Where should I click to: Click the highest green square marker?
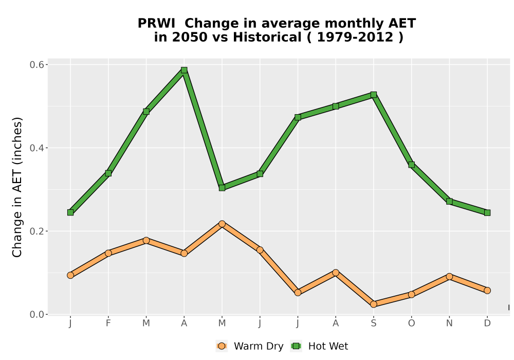(x=184, y=70)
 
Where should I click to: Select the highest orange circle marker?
(x=222, y=224)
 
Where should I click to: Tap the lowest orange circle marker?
(x=373, y=304)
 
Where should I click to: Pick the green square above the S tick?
(x=373, y=95)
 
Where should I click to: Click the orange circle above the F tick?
(x=108, y=253)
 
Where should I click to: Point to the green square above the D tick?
(x=487, y=213)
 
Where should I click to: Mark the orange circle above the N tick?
(x=449, y=277)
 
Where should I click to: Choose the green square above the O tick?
(x=411, y=165)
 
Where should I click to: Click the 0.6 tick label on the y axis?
(x=36, y=65)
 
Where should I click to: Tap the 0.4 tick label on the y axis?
(x=36, y=148)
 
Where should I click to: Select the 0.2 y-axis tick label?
(x=36, y=231)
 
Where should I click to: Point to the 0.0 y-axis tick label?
(x=36, y=314)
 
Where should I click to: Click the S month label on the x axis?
(x=373, y=323)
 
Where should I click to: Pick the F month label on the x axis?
(x=108, y=323)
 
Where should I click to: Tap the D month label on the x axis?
(x=487, y=323)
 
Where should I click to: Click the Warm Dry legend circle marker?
(x=222, y=346)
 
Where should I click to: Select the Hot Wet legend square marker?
(x=297, y=346)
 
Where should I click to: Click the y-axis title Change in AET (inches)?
(x=17, y=187)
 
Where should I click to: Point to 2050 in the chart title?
(x=190, y=37)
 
